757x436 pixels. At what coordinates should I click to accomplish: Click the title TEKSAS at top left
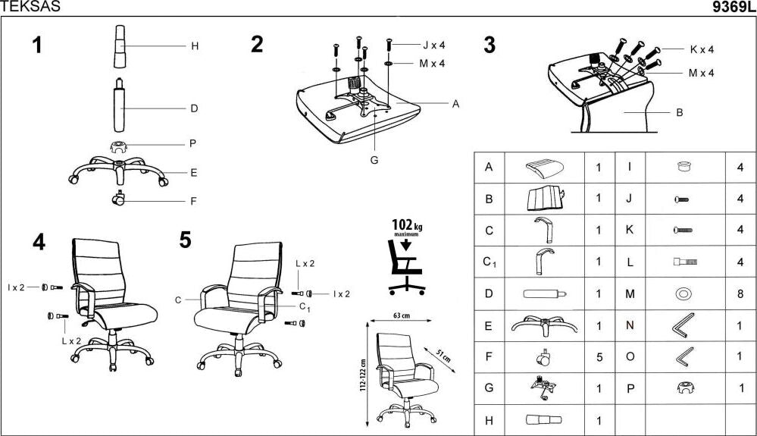(x=30, y=7)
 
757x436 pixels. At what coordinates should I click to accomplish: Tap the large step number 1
(x=36, y=45)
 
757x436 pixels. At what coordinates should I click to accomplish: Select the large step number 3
(x=490, y=45)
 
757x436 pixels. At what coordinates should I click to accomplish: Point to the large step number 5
(x=186, y=240)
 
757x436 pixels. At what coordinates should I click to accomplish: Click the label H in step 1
(x=194, y=46)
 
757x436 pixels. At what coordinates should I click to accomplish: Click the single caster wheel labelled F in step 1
(x=118, y=200)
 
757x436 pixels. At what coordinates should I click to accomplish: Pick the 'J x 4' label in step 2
(x=433, y=45)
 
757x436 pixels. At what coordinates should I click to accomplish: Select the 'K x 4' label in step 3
(x=701, y=49)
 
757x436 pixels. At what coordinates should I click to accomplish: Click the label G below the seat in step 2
(x=374, y=160)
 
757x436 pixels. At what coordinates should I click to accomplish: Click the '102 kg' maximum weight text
(x=407, y=225)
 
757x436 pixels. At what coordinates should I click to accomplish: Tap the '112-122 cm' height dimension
(x=364, y=371)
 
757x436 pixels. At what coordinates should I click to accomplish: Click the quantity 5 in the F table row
(x=599, y=356)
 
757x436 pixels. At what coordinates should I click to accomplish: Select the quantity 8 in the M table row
(x=740, y=293)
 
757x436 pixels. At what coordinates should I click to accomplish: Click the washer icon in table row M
(x=683, y=293)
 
